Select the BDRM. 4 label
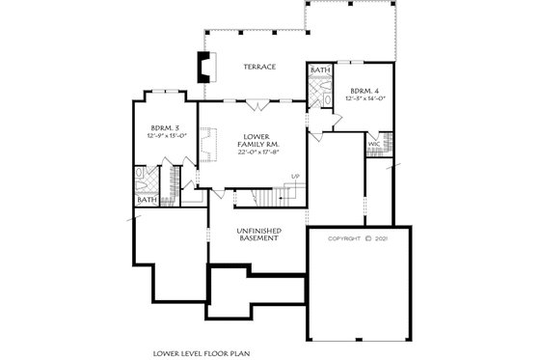pos(364,91)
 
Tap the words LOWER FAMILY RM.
pos(256,140)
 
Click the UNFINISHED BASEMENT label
pos(257,234)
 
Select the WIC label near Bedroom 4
pos(373,144)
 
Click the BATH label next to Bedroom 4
pos(320,70)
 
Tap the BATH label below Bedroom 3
pos(147,200)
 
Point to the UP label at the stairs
pos(295,176)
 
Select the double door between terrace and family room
pos(252,101)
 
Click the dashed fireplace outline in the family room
pos(205,146)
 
